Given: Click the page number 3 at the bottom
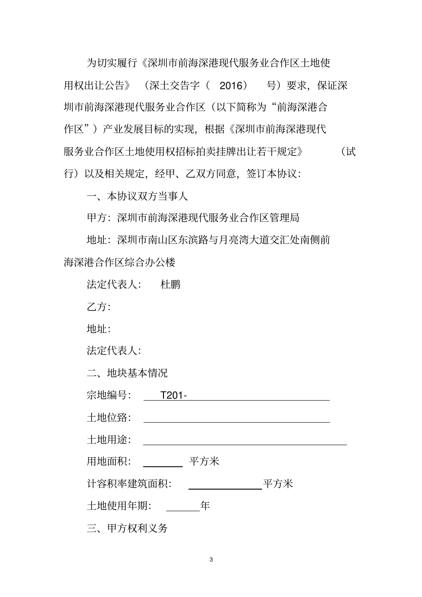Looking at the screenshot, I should point(211,559).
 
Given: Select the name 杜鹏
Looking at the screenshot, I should point(171,285).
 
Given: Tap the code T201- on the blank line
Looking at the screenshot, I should point(173,395).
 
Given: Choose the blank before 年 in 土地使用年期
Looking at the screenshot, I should point(183,510).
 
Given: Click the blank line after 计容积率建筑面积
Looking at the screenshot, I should point(225,487).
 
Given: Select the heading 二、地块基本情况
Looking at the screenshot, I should point(127,373).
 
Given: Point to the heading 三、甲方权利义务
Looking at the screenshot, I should point(127,528).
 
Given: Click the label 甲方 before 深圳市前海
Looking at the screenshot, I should point(97,218).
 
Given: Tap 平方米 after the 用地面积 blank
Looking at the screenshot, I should point(204,462).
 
